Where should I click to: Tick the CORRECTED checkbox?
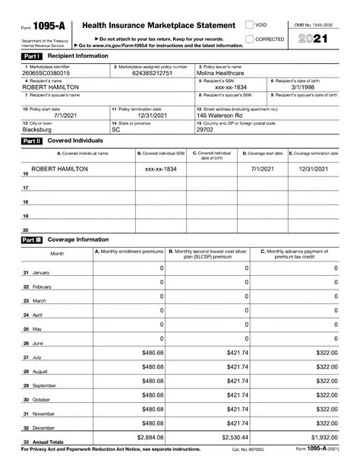[x=250, y=39]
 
